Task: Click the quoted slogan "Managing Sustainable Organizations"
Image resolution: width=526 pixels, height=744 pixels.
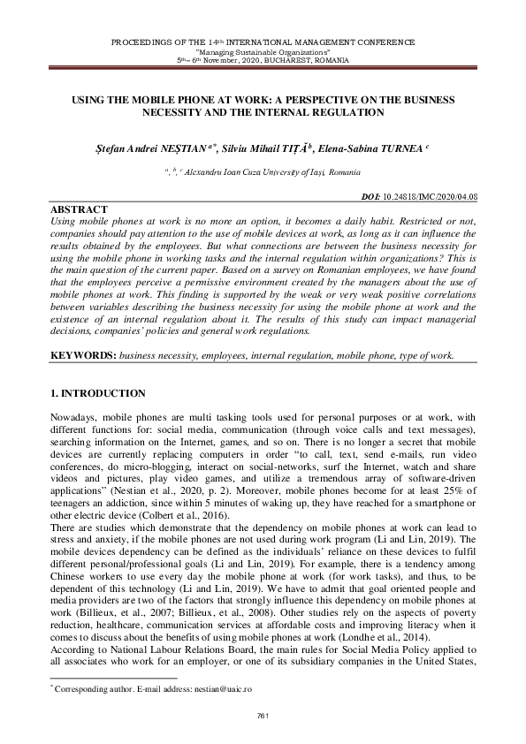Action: point(263,51)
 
